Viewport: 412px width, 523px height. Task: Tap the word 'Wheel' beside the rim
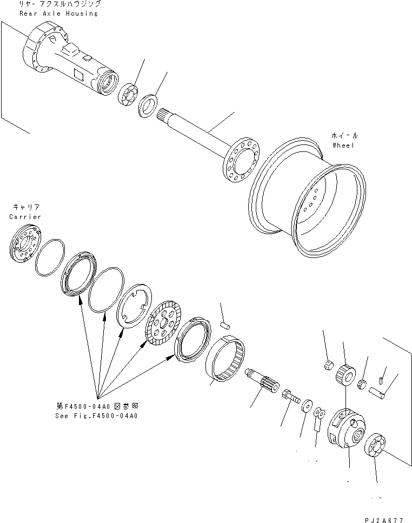343,145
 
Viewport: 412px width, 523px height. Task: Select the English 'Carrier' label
25,216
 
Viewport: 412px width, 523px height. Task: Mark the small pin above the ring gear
227,326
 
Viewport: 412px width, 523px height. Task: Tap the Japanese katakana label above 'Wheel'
344,136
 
